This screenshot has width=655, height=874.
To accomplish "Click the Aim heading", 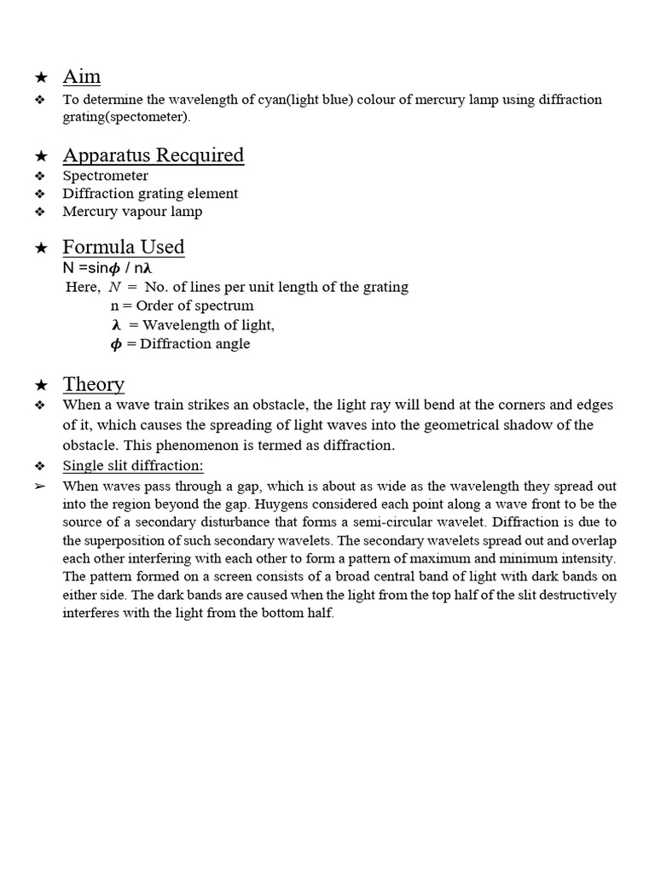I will pos(82,77).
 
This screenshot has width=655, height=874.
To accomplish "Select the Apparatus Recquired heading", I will pos(153,155).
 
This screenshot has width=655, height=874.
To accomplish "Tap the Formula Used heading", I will pos(123,248).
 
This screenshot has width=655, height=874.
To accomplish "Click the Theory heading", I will pos(93,384).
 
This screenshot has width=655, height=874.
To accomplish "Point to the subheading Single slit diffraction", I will pos(132,466).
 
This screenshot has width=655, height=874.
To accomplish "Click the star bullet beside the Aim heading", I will pos(40,78).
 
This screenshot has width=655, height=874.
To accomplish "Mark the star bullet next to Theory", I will pos(40,386).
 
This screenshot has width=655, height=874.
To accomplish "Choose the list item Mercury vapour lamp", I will pos(132,211).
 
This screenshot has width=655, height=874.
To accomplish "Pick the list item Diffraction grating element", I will pos(150,194).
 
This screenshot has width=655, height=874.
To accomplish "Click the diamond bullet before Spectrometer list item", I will pos(39,176).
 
